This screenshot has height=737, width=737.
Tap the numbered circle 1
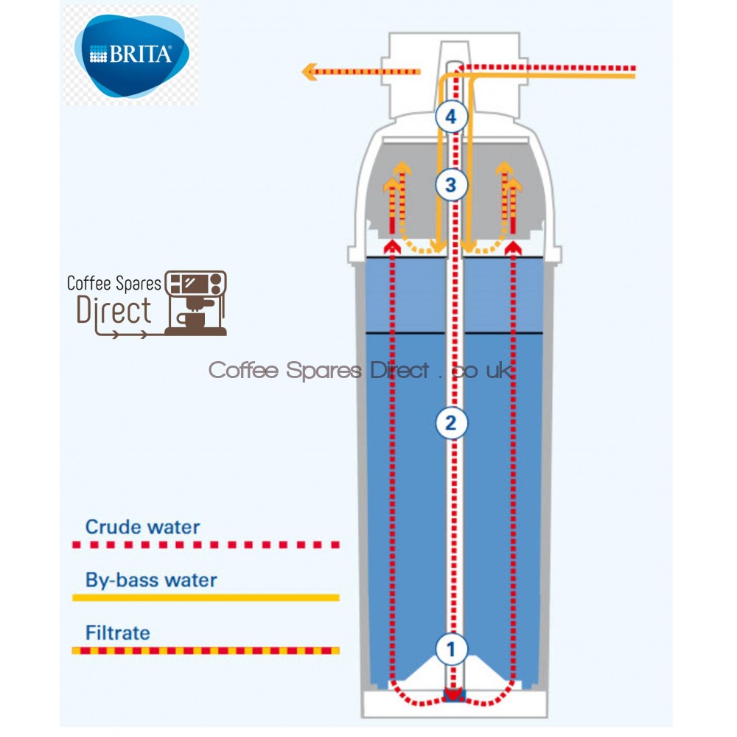(452, 649)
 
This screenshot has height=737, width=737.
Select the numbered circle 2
(452, 423)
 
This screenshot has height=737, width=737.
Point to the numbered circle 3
(451, 184)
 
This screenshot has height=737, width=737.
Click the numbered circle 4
(451, 116)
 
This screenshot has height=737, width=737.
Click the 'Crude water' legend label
(142, 527)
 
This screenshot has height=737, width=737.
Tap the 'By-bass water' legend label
(151, 580)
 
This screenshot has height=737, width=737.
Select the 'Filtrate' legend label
(117, 632)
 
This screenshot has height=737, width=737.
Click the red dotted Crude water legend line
(206, 545)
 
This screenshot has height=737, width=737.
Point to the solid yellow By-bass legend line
(206, 598)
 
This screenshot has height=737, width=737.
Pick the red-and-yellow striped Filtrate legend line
(206, 651)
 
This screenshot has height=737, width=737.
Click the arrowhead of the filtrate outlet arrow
(310, 71)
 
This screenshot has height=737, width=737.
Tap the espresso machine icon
(195, 302)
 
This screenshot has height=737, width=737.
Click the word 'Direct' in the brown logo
(114, 311)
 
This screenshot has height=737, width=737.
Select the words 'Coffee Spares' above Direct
(114, 284)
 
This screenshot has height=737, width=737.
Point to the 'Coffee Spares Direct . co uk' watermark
(361, 370)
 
